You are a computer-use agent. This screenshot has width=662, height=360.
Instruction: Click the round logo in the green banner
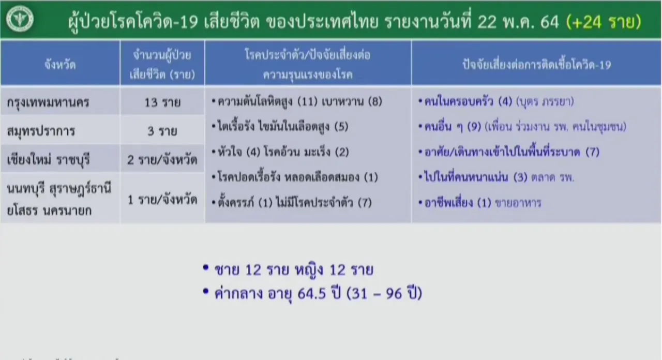tap(20, 19)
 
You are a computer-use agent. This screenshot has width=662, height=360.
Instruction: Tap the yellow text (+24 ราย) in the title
tap(604, 22)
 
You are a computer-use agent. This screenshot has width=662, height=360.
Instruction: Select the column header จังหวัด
tap(60, 65)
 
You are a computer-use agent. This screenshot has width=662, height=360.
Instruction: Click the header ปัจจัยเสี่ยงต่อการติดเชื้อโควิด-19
tap(537, 65)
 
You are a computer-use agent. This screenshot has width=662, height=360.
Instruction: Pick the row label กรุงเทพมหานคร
tap(48, 102)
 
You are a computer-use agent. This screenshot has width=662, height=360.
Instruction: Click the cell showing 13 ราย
tap(162, 102)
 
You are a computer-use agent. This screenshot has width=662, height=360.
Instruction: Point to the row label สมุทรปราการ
tap(41, 131)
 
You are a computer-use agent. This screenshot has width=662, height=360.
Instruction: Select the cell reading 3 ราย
tap(162, 131)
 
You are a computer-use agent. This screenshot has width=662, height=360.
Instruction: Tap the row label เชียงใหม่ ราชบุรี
tap(48, 160)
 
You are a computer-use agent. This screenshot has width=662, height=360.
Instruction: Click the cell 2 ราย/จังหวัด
tap(162, 160)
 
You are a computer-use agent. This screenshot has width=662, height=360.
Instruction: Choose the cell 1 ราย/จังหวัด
tap(162, 200)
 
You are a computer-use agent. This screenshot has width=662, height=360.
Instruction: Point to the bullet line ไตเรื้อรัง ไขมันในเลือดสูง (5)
tap(280, 127)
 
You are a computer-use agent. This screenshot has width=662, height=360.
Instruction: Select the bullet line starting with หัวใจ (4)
tap(280, 152)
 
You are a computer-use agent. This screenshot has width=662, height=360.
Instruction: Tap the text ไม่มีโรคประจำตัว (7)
tap(324, 203)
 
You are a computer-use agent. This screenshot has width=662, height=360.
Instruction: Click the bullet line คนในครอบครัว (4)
tap(496, 102)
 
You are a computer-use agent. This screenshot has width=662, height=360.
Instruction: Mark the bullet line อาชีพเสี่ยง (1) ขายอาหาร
tap(480, 203)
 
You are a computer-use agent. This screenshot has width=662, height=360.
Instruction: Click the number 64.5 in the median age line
tap(311, 294)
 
